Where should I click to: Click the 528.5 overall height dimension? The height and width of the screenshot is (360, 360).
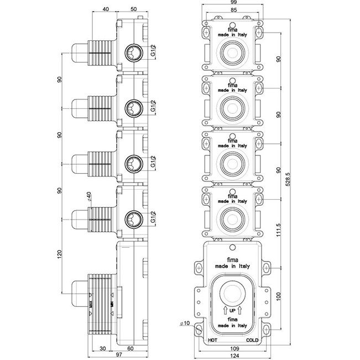(288, 180)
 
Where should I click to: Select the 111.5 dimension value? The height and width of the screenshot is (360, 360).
(279, 230)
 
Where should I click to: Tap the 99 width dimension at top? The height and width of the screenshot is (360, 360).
(233, 2)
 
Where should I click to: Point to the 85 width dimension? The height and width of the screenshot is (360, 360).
(233, 10)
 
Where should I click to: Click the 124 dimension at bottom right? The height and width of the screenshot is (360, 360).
(234, 356)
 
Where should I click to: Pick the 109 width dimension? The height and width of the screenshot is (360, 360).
(234, 348)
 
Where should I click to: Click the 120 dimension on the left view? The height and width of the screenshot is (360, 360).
(60, 254)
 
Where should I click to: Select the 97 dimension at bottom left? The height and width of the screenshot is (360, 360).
(119, 354)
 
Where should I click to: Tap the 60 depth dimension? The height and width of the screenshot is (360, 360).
(131, 348)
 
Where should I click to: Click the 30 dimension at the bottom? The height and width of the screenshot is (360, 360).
(103, 348)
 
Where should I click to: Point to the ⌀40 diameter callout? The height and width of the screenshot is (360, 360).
(89, 196)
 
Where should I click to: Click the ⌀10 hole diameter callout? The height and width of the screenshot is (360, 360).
(185, 324)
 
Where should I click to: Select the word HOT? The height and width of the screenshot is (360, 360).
(212, 340)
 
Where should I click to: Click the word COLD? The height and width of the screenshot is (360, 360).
(252, 340)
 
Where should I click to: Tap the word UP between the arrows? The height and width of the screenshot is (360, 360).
(233, 311)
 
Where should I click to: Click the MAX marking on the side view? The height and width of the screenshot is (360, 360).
(91, 304)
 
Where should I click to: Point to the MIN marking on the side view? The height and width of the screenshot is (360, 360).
(112, 304)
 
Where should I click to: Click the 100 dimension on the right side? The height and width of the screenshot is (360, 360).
(279, 296)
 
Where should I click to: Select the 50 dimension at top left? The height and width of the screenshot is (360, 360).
(133, 9)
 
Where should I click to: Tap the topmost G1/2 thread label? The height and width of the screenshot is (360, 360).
(153, 50)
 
